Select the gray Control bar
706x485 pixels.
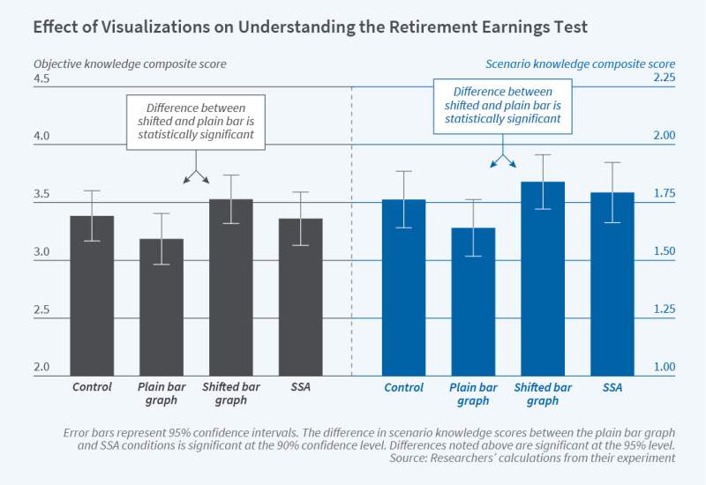pos(92,295)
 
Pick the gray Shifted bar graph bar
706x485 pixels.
pos(231,287)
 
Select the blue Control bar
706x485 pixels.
pos(403,287)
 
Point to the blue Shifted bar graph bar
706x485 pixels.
pos(543,279)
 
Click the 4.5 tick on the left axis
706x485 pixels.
pos(41,79)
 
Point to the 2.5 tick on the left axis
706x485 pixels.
pos(41,311)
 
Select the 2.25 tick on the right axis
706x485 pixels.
pos(663,78)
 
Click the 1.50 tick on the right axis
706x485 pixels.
pos(663,252)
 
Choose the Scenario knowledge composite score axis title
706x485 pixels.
pos(580,63)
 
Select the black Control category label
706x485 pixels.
pos(92,387)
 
